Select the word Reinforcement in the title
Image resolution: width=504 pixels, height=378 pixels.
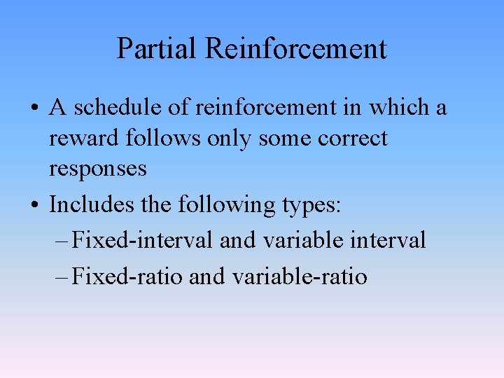pyautogui.click(x=295, y=49)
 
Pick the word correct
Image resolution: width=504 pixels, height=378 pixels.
pyautogui.click(x=352, y=139)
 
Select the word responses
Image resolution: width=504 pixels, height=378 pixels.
pyautogui.click(x=97, y=169)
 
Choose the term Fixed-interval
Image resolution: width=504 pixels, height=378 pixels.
pyautogui.click(x=143, y=241)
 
